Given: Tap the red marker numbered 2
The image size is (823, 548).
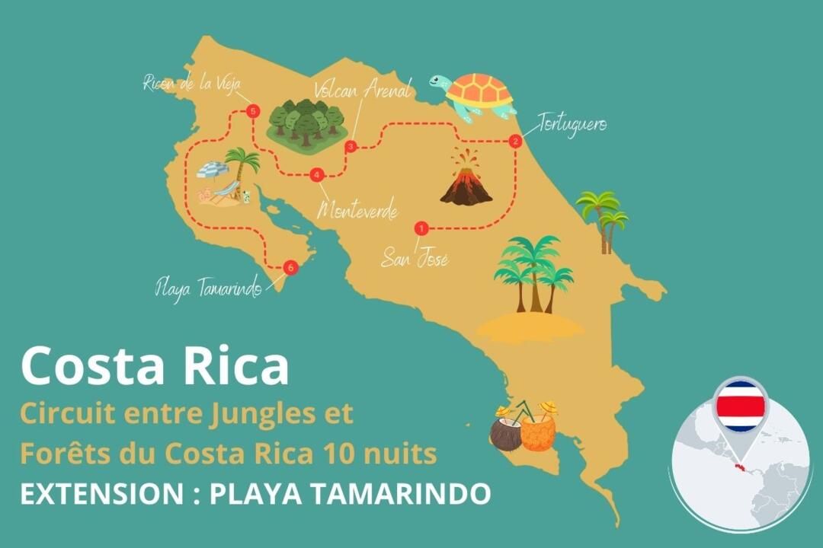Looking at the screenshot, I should [x=515, y=141].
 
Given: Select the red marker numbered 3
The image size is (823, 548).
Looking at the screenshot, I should [x=351, y=146].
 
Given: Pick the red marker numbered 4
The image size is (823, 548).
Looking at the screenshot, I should [x=317, y=175].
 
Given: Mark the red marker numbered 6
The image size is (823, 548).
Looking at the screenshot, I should [x=289, y=268].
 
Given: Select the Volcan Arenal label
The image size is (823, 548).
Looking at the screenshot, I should [x=362, y=88].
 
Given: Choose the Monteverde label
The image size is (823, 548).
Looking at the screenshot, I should [x=358, y=211].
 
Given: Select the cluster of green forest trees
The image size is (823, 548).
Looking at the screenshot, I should [x=305, y=123].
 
